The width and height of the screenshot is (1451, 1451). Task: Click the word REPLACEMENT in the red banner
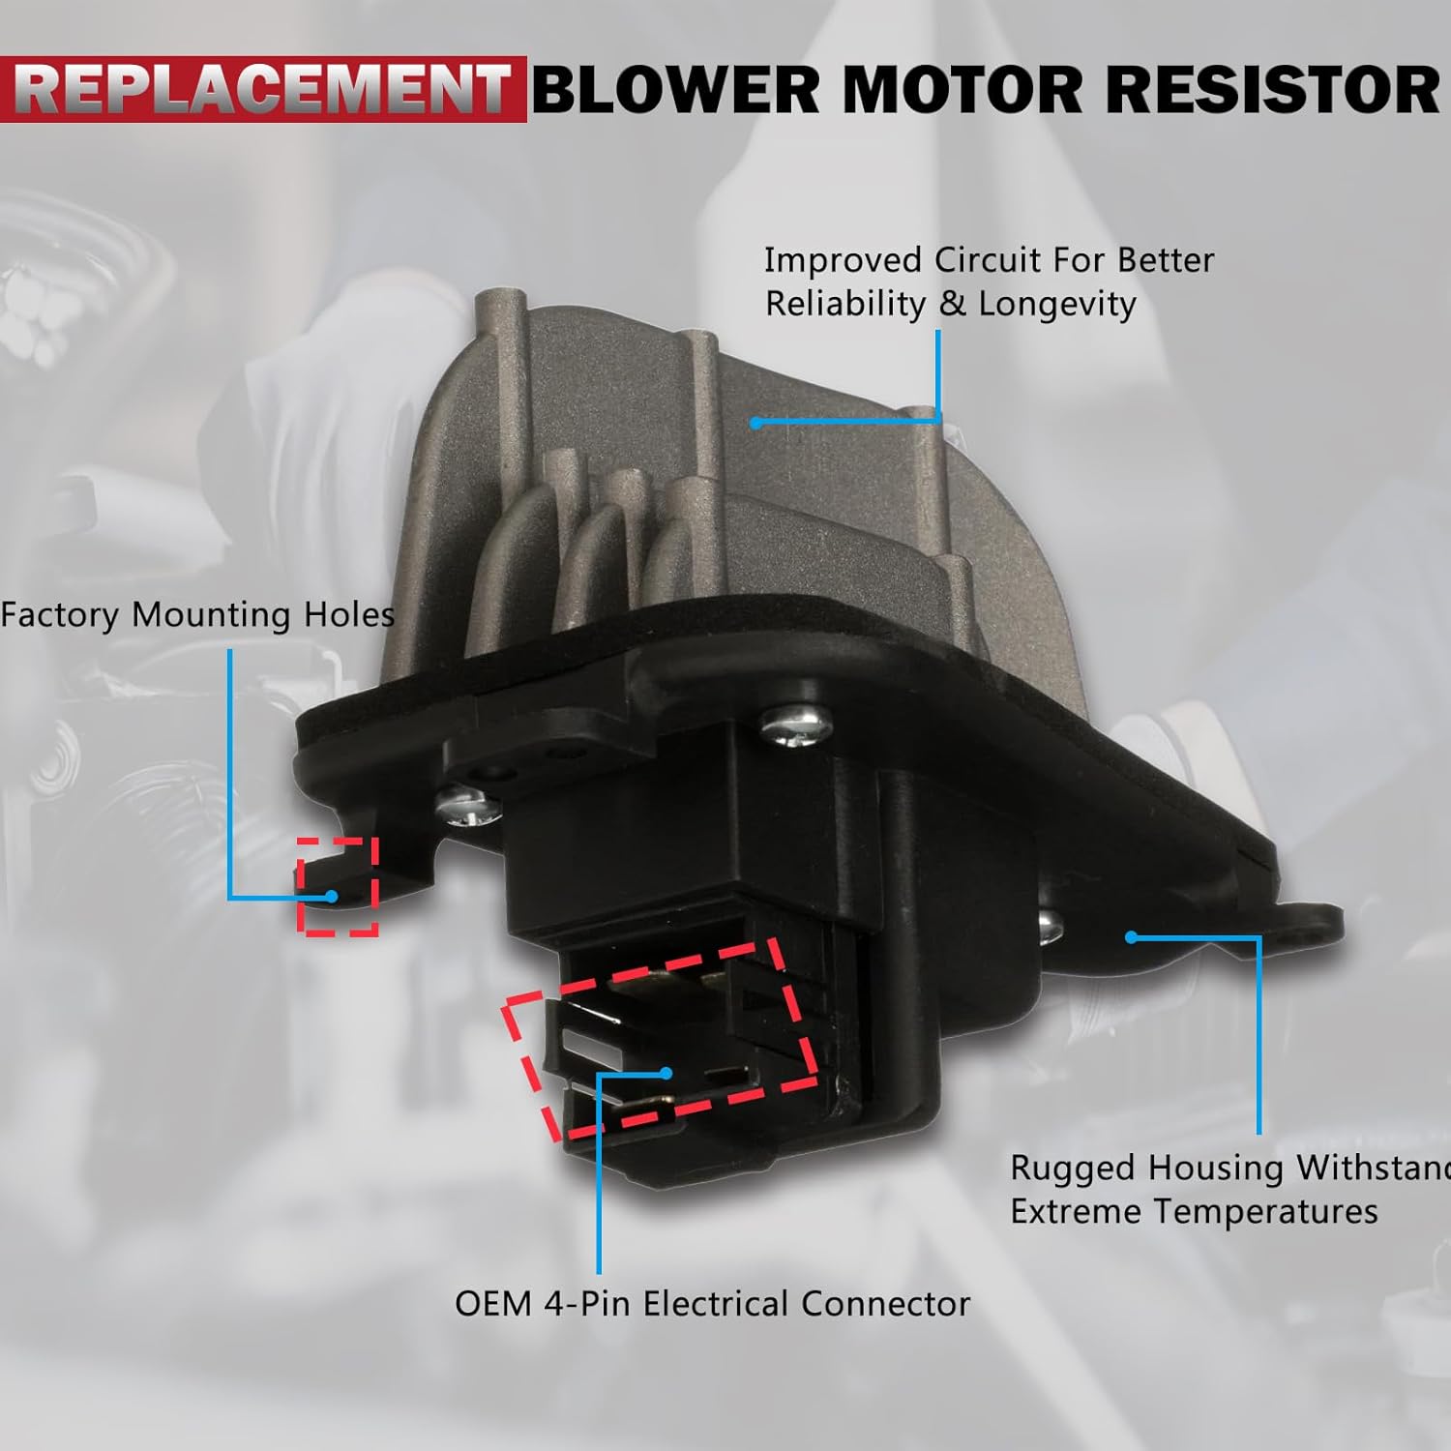click(263, 90)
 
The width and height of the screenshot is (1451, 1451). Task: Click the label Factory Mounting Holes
click(198, 615)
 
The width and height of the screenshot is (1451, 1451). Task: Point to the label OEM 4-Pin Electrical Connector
click(712, 1304)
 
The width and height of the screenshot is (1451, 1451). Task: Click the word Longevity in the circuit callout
click(1057, 304)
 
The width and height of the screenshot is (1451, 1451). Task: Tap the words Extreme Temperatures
click(1194, 1211)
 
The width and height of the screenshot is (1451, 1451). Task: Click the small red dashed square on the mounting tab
click(338, 886)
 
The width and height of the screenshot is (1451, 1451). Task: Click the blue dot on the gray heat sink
click(755, 422)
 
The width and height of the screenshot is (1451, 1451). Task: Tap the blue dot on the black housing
click(1130, 936)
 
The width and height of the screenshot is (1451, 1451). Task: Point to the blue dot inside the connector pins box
click(666, 1072)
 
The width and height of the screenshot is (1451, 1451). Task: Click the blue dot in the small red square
click(332, 896)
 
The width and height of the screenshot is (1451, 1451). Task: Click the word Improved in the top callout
click(843, 260)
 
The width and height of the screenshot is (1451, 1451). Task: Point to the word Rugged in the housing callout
click(1072, 1169)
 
